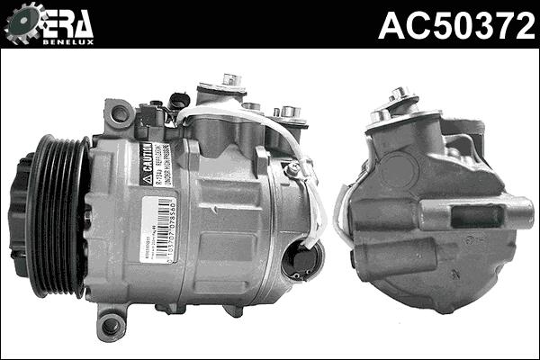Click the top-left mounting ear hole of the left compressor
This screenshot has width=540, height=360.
point(117,113)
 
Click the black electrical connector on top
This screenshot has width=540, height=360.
point(183,101)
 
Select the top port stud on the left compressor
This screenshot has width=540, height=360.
point(231,80)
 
